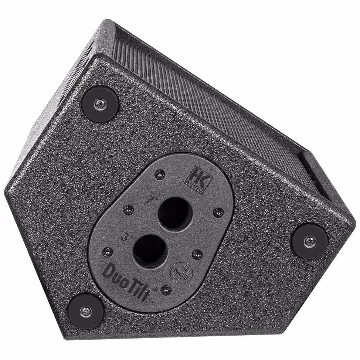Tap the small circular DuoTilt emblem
pos(180,274)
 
